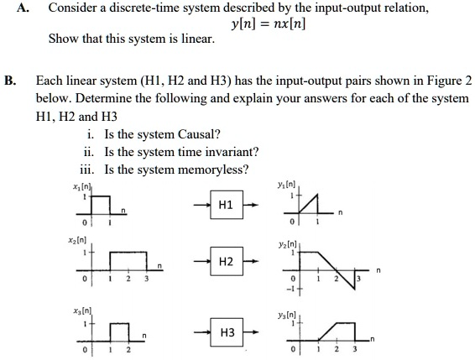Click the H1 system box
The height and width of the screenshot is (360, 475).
tap(224, 204)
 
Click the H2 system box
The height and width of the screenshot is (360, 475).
tap(224, 262)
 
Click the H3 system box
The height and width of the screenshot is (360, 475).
tap(224, 333)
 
